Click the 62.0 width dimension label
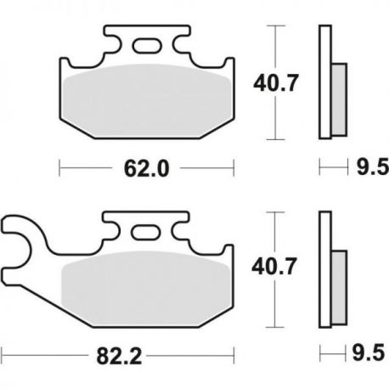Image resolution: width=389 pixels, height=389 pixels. [x=146, y=169]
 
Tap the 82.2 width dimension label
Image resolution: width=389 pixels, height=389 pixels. [x=119, y=357]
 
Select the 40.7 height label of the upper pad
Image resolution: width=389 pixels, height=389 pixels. [x=276, y=83]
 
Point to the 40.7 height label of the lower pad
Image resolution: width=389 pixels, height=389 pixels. [x=274, y=267]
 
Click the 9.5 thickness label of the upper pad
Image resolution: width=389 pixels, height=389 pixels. [x=373, y=167]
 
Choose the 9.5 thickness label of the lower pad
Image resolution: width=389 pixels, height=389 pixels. [x=369, y=353]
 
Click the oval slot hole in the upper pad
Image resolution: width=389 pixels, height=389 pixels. [x=147, y=46]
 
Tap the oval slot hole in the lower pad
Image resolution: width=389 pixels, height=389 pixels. [x=146, y=232]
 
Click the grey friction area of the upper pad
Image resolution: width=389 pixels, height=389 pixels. [x=147, y=100]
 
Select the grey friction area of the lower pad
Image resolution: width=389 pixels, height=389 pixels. [x=146, y=288]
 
